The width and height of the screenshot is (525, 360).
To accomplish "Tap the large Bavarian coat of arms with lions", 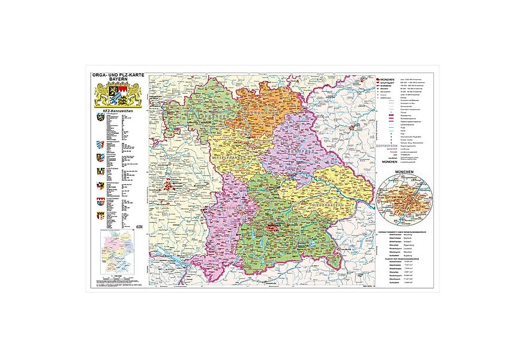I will tap(117, 97).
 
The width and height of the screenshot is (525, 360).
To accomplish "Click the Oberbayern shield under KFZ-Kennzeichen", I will tap(99, 120).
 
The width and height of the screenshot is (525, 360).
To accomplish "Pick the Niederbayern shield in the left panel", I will tap(99, 145).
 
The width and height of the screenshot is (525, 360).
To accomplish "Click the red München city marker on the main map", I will tap(275, 227).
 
